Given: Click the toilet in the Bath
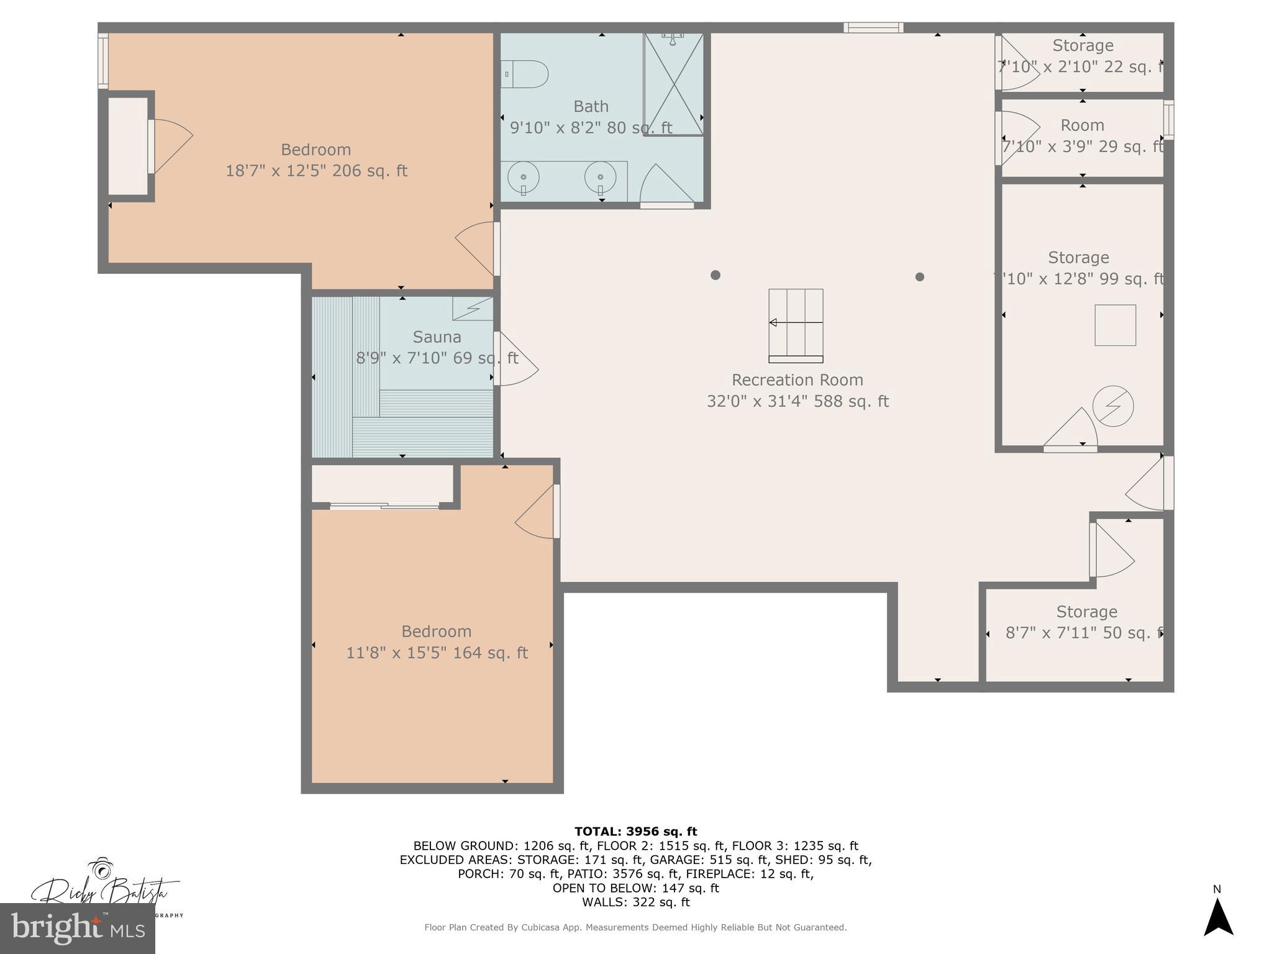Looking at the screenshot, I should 527,74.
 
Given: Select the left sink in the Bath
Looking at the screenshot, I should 523,177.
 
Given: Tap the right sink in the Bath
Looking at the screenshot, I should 600,177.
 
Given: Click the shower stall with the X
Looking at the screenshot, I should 674,84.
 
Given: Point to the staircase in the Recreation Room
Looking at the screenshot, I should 796,325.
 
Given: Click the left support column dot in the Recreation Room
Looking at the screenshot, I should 715,275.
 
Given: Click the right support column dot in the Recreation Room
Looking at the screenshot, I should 920,277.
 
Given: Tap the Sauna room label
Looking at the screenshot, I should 437,337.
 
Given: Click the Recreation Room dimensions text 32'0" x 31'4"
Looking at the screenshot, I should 797,401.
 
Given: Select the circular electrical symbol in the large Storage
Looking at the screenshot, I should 1113,406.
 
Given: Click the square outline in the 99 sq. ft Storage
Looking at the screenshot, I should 1115,325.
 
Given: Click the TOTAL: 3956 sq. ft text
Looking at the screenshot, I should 635,832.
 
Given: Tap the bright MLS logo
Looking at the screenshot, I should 77,929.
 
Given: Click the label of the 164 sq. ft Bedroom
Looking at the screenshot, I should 436,632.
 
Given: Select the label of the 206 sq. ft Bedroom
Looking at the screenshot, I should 316,150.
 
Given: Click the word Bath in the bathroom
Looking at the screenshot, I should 591,106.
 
